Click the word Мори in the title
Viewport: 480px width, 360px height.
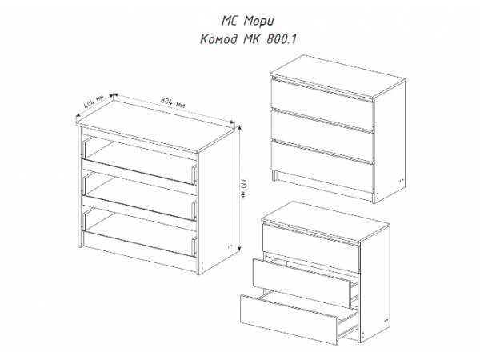258,21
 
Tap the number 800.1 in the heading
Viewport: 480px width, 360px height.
282,39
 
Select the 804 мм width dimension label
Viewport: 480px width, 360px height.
173,102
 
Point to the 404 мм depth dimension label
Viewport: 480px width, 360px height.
94,101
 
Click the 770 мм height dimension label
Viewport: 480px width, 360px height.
243,189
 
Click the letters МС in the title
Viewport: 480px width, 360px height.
229,21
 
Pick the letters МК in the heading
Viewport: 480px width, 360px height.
252,39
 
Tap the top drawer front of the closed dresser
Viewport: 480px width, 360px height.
322,105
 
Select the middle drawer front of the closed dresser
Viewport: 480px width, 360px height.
322,134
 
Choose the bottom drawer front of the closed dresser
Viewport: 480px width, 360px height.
322,166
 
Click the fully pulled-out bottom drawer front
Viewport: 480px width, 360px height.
290,319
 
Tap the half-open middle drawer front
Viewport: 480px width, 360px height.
302,283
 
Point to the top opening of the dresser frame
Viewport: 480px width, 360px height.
139,161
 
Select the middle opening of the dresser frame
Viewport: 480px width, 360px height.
139,196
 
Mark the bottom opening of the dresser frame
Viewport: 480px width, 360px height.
139,232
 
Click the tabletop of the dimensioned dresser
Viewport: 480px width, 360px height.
155,126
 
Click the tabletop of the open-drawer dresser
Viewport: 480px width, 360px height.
326,222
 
